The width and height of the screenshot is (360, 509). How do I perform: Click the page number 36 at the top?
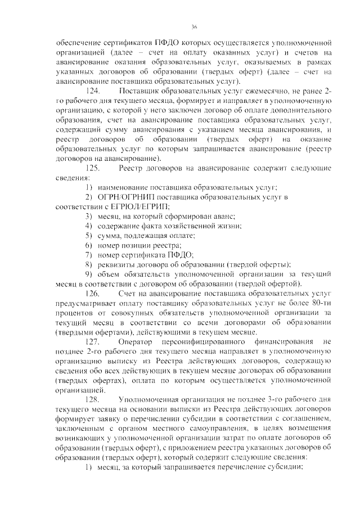tap(193, 26)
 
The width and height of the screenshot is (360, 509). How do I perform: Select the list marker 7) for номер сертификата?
tap(89, 254)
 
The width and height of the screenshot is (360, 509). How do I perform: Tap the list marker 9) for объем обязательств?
tap(89, 274)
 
